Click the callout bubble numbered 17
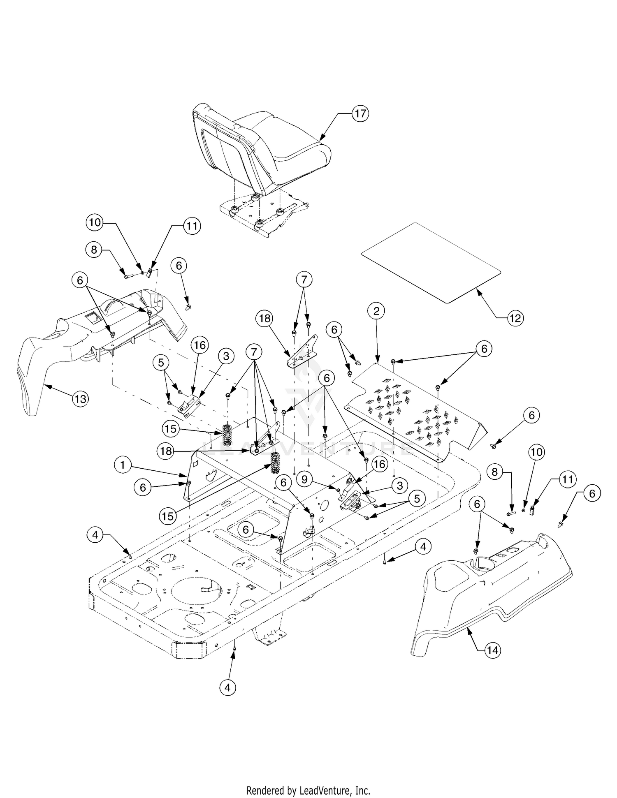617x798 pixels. click(360, 113)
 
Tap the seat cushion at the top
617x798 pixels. click(263, 148)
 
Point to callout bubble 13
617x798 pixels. click(81, 398)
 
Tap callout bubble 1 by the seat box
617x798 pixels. click(123, 465)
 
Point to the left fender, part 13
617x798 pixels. click(82, 337)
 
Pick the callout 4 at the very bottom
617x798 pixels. click(228, 687)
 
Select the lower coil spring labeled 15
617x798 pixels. click(275, 463)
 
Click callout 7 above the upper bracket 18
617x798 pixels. click(304, 280)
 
